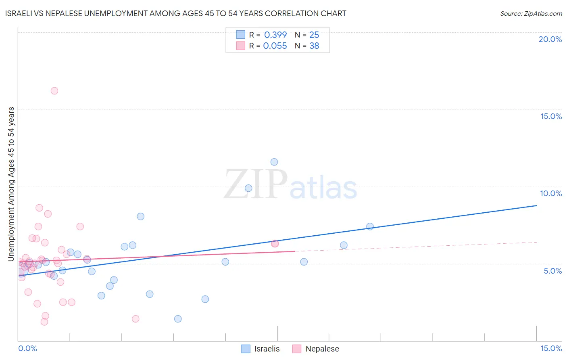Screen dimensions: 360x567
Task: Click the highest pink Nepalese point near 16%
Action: tap(54, 91)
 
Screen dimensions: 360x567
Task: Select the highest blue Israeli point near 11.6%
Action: tap(274, 162)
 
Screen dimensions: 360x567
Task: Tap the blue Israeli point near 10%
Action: tap(248, 188)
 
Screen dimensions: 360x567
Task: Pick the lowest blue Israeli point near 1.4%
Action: tap(178, 319)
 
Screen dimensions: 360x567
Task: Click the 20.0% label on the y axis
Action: tap(550, 39)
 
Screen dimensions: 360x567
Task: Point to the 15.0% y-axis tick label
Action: tap(551, 116)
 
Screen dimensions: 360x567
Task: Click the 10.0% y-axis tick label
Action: tap(551, 193)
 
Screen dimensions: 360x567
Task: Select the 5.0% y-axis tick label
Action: tap(552, 271)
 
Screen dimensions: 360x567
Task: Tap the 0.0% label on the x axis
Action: tap(27, 348)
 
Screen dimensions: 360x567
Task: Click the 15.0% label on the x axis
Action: tap(551, 348)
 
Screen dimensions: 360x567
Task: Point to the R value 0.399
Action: tap(275, 35)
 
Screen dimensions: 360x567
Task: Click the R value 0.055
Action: tap(275, 46)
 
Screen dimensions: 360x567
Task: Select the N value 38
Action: tap(314, 46)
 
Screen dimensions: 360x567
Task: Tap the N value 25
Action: tap(314, 35)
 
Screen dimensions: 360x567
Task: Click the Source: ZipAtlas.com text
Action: tap(531, 14)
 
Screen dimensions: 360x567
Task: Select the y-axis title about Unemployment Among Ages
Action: tap(11, 184)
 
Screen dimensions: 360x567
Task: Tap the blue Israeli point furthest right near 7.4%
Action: tap(370, 226)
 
